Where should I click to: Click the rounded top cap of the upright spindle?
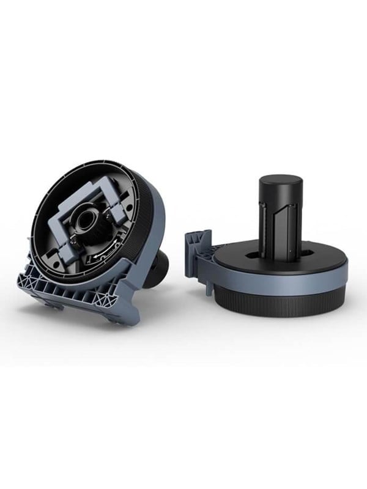click(281, 183)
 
